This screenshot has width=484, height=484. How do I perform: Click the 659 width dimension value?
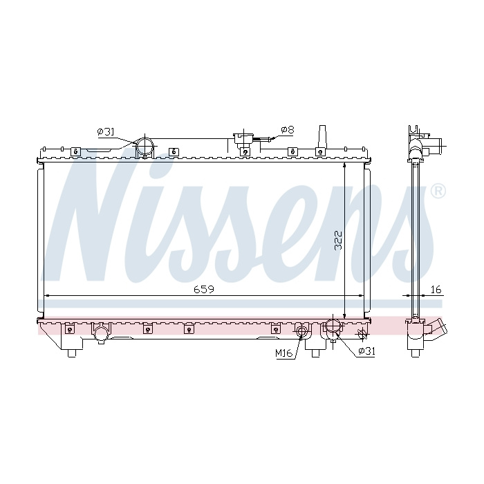[x=204, y=290]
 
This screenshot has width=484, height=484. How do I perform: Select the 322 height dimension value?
[x=339, y=240]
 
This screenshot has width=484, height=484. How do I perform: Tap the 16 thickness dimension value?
[x=436, y=290]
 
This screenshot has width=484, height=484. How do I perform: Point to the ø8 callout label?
[x=288, y=130]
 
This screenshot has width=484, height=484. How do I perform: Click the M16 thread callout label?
[x=284, y=353]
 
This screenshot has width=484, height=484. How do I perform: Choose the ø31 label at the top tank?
[x=106, y=132]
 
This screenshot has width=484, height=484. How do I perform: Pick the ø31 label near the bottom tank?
[x=366, y=351]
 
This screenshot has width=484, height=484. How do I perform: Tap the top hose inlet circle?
[x=145, y=146]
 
